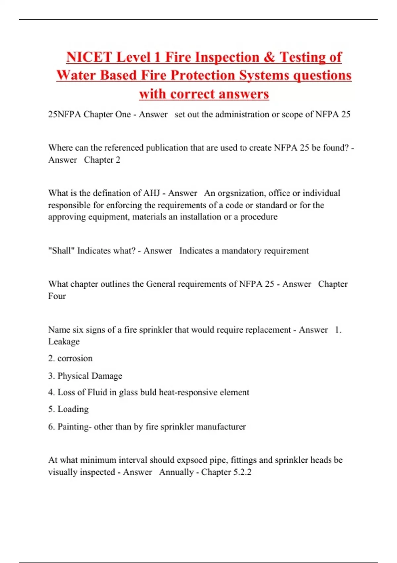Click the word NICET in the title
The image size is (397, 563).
pyautogui.click(x=89, y=57)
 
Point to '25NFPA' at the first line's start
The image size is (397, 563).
pyautogui.click(x=64, y=114)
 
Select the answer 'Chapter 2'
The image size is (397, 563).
pyautogui.click(x=102, y=160)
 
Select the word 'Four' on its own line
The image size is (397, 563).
pyautogui.click(x=57, y=296)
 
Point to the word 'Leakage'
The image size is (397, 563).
pyautogui.click(x=64, y=341)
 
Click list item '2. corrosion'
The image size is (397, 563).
pyautogui.click(x=70, y=358)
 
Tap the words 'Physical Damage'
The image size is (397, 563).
pyautogui.click(x=90, y=376)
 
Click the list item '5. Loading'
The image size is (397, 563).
pyautogui.click(x=68, y=409)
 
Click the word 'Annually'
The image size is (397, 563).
pyautogui.click(x=176, y=472)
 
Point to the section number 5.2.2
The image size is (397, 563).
pyautogui.click(x=242, y=472)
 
